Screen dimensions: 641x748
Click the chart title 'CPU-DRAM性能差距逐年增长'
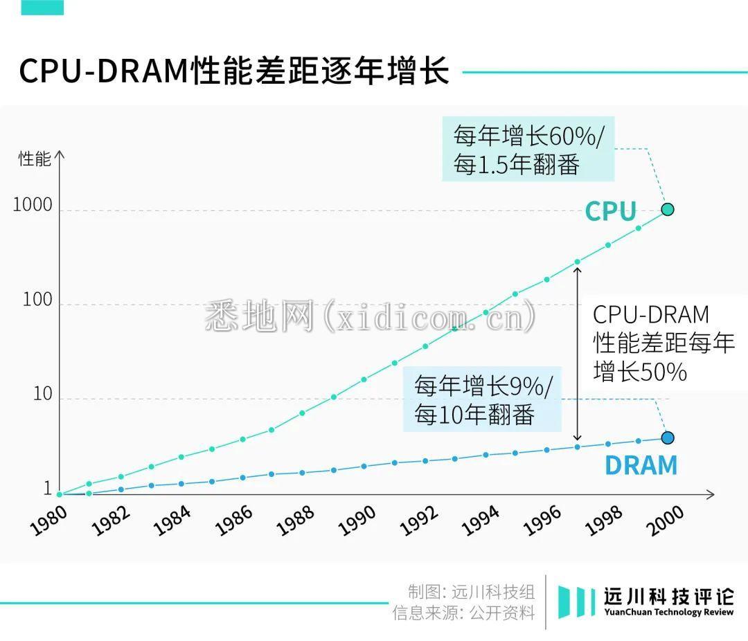(x=234, y=72)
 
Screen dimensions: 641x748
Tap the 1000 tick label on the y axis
(x=33, y=205)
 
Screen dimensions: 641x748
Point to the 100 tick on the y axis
(x=37, y=300)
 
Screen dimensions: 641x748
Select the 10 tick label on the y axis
(x=42, y=394)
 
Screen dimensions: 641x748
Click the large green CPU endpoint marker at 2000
(x=668, y=209)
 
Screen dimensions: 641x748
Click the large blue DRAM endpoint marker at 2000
(x=668, y=437)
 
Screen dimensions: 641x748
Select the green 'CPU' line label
(x=610, y=212)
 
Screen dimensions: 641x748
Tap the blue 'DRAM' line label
(x=641, y=466)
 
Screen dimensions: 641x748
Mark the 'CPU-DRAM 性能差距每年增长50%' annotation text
(x=663, y=343)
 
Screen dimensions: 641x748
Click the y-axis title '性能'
(x=35, y=159)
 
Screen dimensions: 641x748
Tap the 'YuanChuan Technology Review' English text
(x=668, y=613)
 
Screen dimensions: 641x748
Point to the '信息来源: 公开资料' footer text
(x=463, y=613)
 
